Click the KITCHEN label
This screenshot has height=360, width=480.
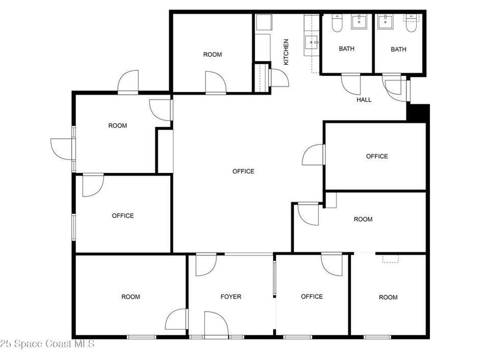pyautogui.click(x=286, y=52)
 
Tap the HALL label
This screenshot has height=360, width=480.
pyautogui.click(x=364, y=100)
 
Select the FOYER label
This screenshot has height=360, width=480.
pyautogui.click(x=231, y=297)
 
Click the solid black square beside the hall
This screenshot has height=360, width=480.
pyautogui.click(x=418, y=113)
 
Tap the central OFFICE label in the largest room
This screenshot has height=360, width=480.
pyautogui.click(x=243, y=172)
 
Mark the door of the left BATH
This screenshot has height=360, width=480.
pyautogui.click(x=351, y=84)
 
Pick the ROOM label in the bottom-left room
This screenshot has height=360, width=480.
pyautogui.click(x=130, y=297)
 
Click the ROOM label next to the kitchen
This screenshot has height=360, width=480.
pyautogui.click(x=212, y=55)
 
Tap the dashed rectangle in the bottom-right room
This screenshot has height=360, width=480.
pyautogui.click(x=390, y=259)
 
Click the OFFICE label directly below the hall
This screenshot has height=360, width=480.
pyautogui.click(x=377, y=157)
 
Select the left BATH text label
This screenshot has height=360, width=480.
pyautogui.click(x=346, y=49)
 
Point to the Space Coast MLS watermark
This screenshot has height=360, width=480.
pyautogui.click(x=47, y=344)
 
